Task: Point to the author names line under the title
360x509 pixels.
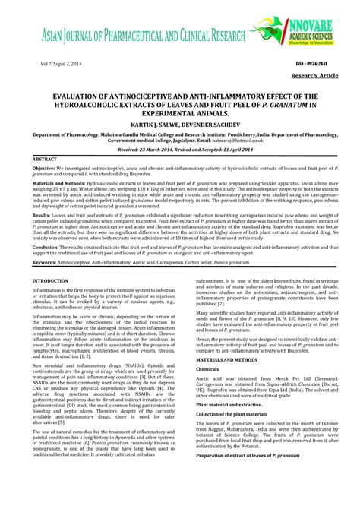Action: point(179,122)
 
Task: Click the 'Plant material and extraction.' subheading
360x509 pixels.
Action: point(229,405)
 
